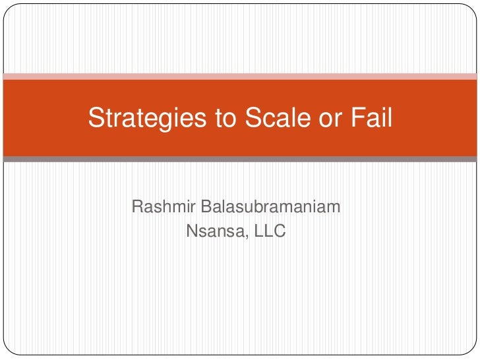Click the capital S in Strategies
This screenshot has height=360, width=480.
(96, 119)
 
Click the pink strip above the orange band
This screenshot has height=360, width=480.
(240, 76)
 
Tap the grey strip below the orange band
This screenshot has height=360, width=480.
(240, 159)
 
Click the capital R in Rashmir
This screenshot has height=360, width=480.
(138, 208)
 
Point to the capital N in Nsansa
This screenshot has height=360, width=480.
(193, 231)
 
